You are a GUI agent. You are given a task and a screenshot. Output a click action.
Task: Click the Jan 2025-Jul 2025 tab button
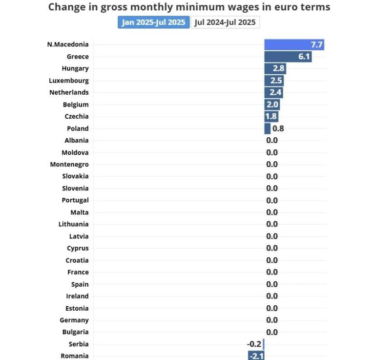(153, 22)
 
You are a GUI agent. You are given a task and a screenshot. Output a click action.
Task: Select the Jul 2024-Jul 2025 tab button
(225, 22)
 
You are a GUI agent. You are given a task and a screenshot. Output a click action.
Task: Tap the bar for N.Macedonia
(294, 44)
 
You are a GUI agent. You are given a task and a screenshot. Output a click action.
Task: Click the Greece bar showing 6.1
(288, 57)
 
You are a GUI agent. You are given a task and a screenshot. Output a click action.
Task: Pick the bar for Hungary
(275, 68)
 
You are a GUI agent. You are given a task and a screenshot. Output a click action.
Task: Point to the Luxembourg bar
(274, 81)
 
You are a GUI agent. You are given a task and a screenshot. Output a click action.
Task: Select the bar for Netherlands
(273, 92)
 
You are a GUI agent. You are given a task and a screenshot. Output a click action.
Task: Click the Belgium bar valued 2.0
(272, 105)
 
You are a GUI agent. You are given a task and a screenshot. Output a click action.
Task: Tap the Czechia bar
(271, 116)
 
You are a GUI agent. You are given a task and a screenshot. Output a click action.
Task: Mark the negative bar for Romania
(256, 356)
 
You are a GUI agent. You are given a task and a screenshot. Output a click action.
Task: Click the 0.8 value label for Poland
(278, 128)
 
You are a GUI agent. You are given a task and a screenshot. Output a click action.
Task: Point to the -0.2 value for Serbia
(254, 344)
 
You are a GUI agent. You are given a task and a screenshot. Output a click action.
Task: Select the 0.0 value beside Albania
(272, 140)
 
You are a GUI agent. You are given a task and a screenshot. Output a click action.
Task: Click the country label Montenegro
(69, 164)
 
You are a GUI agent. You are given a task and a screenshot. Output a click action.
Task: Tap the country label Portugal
(75, 200)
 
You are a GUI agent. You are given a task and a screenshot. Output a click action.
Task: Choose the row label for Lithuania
(74, 224)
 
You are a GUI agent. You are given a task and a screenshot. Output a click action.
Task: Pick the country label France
(78, 272)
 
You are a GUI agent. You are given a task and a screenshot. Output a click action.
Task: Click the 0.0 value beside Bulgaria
(272, 332)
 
